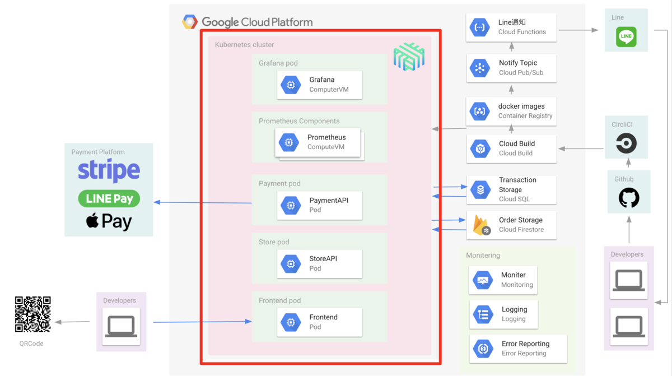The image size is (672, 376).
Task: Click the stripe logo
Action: tap(109, 170)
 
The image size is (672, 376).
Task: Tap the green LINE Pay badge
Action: tap(109, 198)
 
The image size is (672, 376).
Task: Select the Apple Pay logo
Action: tap(109, 221)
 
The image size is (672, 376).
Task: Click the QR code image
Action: tap(32, 314)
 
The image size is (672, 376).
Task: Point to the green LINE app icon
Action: tap(626, 36)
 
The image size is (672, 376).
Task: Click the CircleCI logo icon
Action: tap(626, 143)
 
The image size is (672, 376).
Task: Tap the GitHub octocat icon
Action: tap(629, 197)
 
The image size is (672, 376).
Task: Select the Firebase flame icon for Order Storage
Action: tap(481, 225)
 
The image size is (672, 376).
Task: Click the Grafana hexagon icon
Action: tap(291, 85)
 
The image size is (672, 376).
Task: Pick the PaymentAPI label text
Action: tap(329, 201)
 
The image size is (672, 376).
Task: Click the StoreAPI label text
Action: tap(323, 259)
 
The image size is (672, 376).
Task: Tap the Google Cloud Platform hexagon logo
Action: tap(190, 22)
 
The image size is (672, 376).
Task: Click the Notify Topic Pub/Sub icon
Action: tap(480, 68)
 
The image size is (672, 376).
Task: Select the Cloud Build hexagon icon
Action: tap(480, 148)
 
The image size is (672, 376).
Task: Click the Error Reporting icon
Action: tap(483, 349)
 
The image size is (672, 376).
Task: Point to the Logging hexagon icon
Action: tap(483, 314)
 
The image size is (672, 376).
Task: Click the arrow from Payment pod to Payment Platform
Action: tap(203, 202)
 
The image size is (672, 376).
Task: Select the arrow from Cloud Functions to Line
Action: tap(578, 30)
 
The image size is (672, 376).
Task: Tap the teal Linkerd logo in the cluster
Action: tap(409, 57)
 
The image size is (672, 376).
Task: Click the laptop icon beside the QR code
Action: tap(121, 326)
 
